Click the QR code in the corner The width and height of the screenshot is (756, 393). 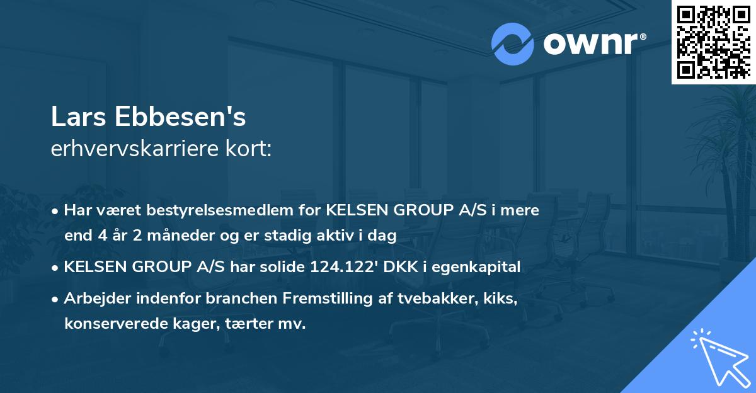tap(713, 42)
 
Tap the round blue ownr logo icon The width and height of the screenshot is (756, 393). tap(513, 43)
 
